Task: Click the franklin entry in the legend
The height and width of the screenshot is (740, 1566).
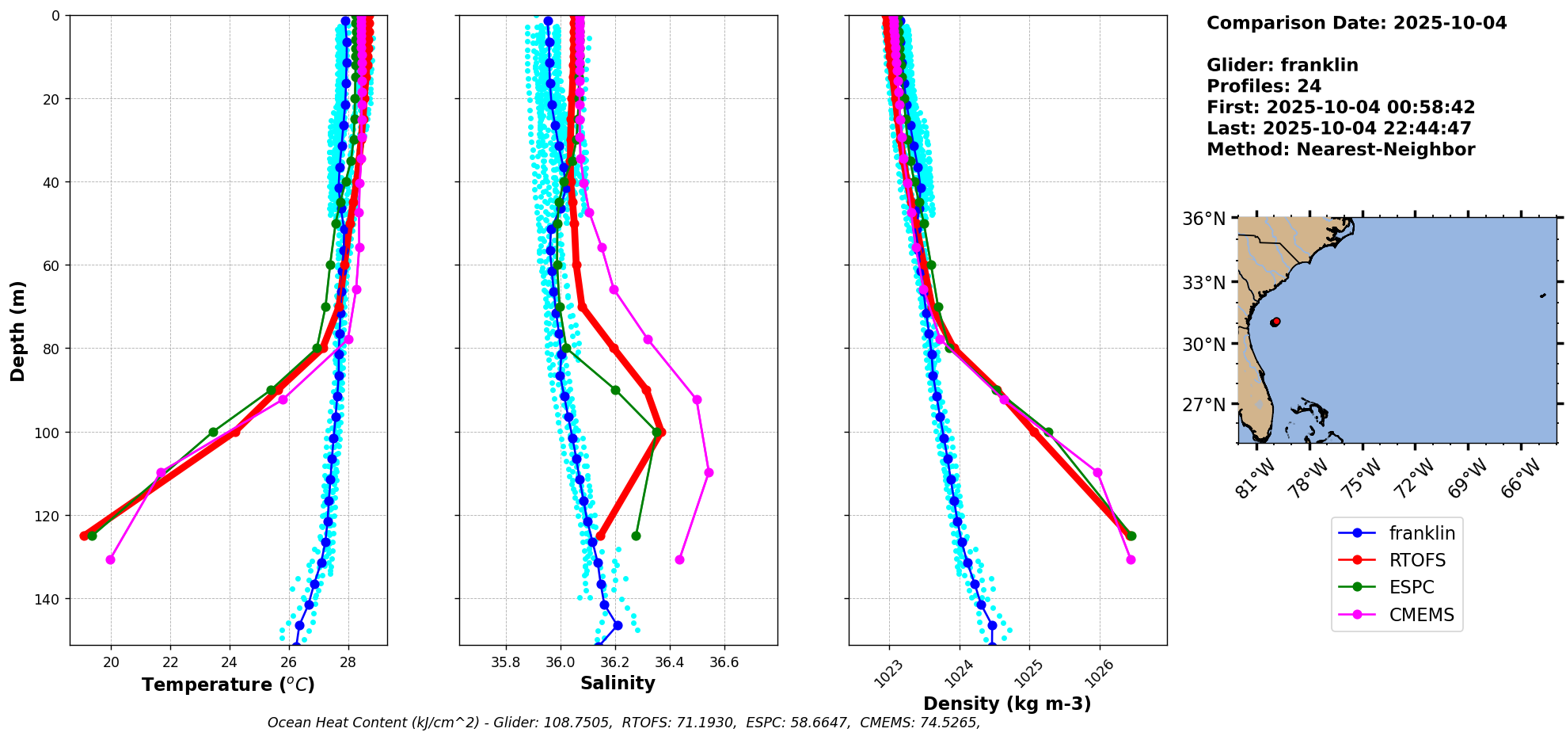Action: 1421,533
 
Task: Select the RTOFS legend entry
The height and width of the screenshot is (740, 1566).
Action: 1416,560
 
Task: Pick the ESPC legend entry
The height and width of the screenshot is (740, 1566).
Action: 1411,587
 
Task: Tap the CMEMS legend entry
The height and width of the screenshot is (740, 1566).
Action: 1421,615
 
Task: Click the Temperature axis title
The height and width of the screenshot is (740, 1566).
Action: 228,685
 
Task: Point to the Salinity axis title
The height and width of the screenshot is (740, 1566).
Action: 618,683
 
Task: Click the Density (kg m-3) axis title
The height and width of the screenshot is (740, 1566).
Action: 1007,704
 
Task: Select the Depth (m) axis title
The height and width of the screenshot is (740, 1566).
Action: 17,330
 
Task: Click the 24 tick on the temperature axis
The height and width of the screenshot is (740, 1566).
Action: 230,662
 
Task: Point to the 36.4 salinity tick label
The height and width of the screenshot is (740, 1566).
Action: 669,662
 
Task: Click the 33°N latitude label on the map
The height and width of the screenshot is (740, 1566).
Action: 1203,283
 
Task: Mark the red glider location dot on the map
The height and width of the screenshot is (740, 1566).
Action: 1275,322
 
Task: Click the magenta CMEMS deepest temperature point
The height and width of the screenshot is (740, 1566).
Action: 110,559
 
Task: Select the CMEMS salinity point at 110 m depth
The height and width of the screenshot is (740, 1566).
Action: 709,472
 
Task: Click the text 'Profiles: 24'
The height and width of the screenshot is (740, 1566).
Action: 1264,86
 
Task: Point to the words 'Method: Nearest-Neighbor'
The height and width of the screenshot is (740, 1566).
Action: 1340,150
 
